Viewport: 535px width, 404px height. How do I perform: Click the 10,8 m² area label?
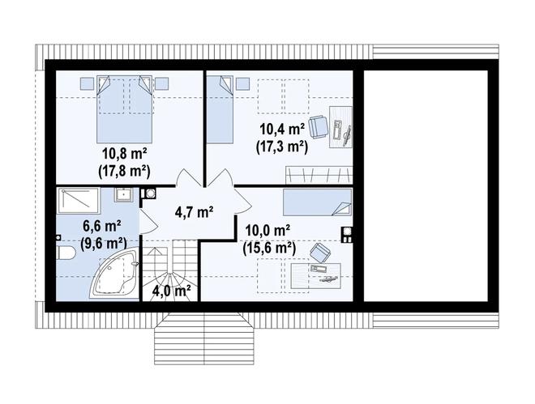pyautogui.click(x=125, y=155)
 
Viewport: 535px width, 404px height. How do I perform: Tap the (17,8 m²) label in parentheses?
pyautogui.click(x=125, y=172)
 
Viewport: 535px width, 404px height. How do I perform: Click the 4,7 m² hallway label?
pyautogui.click(x=195, y=212)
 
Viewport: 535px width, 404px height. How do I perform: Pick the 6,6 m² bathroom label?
pyautogui.click(x=102, y=226)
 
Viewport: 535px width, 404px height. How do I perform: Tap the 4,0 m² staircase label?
pyautogui.click(x=171, y=291)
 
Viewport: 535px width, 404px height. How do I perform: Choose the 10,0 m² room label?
pyautogui.click(x=267, y=231)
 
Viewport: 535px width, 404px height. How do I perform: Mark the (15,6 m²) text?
pyautogui.click(x=269, y=249)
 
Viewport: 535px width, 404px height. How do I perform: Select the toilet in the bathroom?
pyautogui.click(x=66, y=253)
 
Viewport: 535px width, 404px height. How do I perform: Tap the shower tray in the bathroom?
pyautogui.click(x=78, y=200)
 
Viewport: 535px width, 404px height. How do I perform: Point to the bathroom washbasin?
pyautogui.click(x=123, y=194)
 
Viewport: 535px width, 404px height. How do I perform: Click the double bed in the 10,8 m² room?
pyautogui.click(x=124, y=109)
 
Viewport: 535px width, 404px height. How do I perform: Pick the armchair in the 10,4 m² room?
pyautogui.click(x=318, y=127)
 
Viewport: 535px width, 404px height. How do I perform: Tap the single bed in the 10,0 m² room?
pyautogui.click(x=317, y=202)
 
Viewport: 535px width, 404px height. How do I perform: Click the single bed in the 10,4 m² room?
pyautogui.click(x=220, y=109)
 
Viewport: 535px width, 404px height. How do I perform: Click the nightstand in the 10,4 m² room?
pyautogui.click(x=242, y=84)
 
